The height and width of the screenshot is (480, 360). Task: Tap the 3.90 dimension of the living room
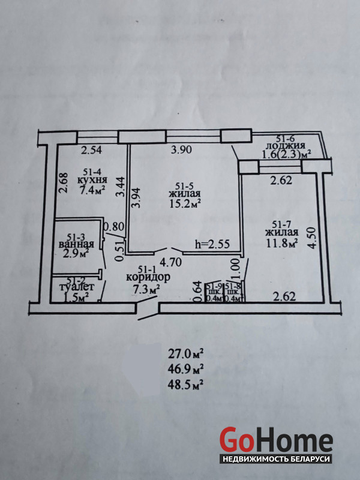[x=181, y=151]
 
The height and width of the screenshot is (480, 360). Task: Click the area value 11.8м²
[x=283, y=243]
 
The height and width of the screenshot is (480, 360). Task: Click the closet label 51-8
[x=233, y=288]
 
